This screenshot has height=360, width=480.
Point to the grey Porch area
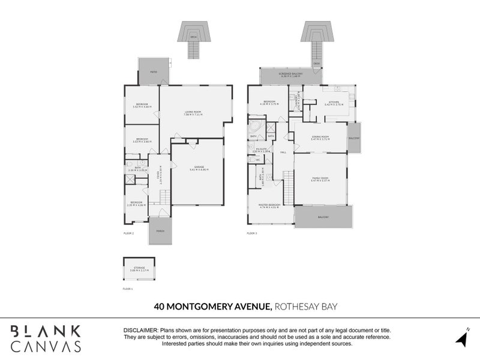point(160,231)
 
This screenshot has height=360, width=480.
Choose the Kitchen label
point(332,102)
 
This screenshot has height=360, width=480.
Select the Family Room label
point(320,178)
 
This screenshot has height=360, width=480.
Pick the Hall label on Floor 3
point(283,152)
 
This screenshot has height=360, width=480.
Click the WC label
point(258,160)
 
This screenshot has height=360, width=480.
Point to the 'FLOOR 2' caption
point(128,232)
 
